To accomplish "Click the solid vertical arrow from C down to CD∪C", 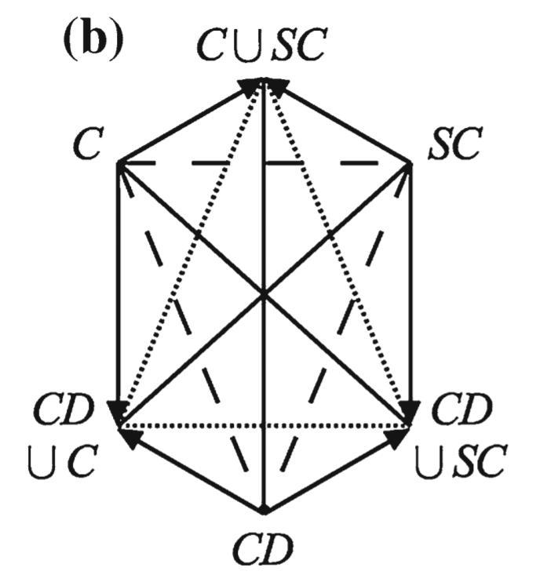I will tap(118, 290).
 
